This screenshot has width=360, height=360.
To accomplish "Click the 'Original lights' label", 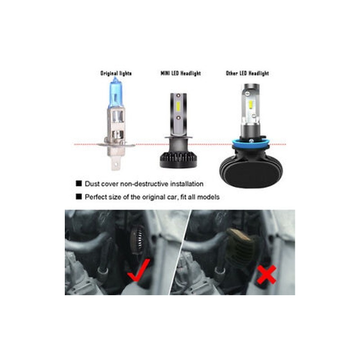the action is (116, 73).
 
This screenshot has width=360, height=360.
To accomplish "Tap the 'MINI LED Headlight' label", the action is (180, 73).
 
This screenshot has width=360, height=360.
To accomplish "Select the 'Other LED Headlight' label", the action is (247, 73).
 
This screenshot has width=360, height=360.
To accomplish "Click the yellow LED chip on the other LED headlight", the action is (251, 104).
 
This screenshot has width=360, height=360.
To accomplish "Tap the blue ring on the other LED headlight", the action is (251, 144).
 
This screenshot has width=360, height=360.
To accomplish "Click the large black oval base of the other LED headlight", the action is (251, 173).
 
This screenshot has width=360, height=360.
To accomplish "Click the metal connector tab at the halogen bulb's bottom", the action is (116, 163).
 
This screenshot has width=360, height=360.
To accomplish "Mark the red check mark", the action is (139, 270).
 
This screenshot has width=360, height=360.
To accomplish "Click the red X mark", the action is (266, 274).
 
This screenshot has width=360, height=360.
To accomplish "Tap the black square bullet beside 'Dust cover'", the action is (79, 184).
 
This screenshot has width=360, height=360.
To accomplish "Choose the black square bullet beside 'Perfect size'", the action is (79, 197).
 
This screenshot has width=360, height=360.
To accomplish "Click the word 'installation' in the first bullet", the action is (187, 184).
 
